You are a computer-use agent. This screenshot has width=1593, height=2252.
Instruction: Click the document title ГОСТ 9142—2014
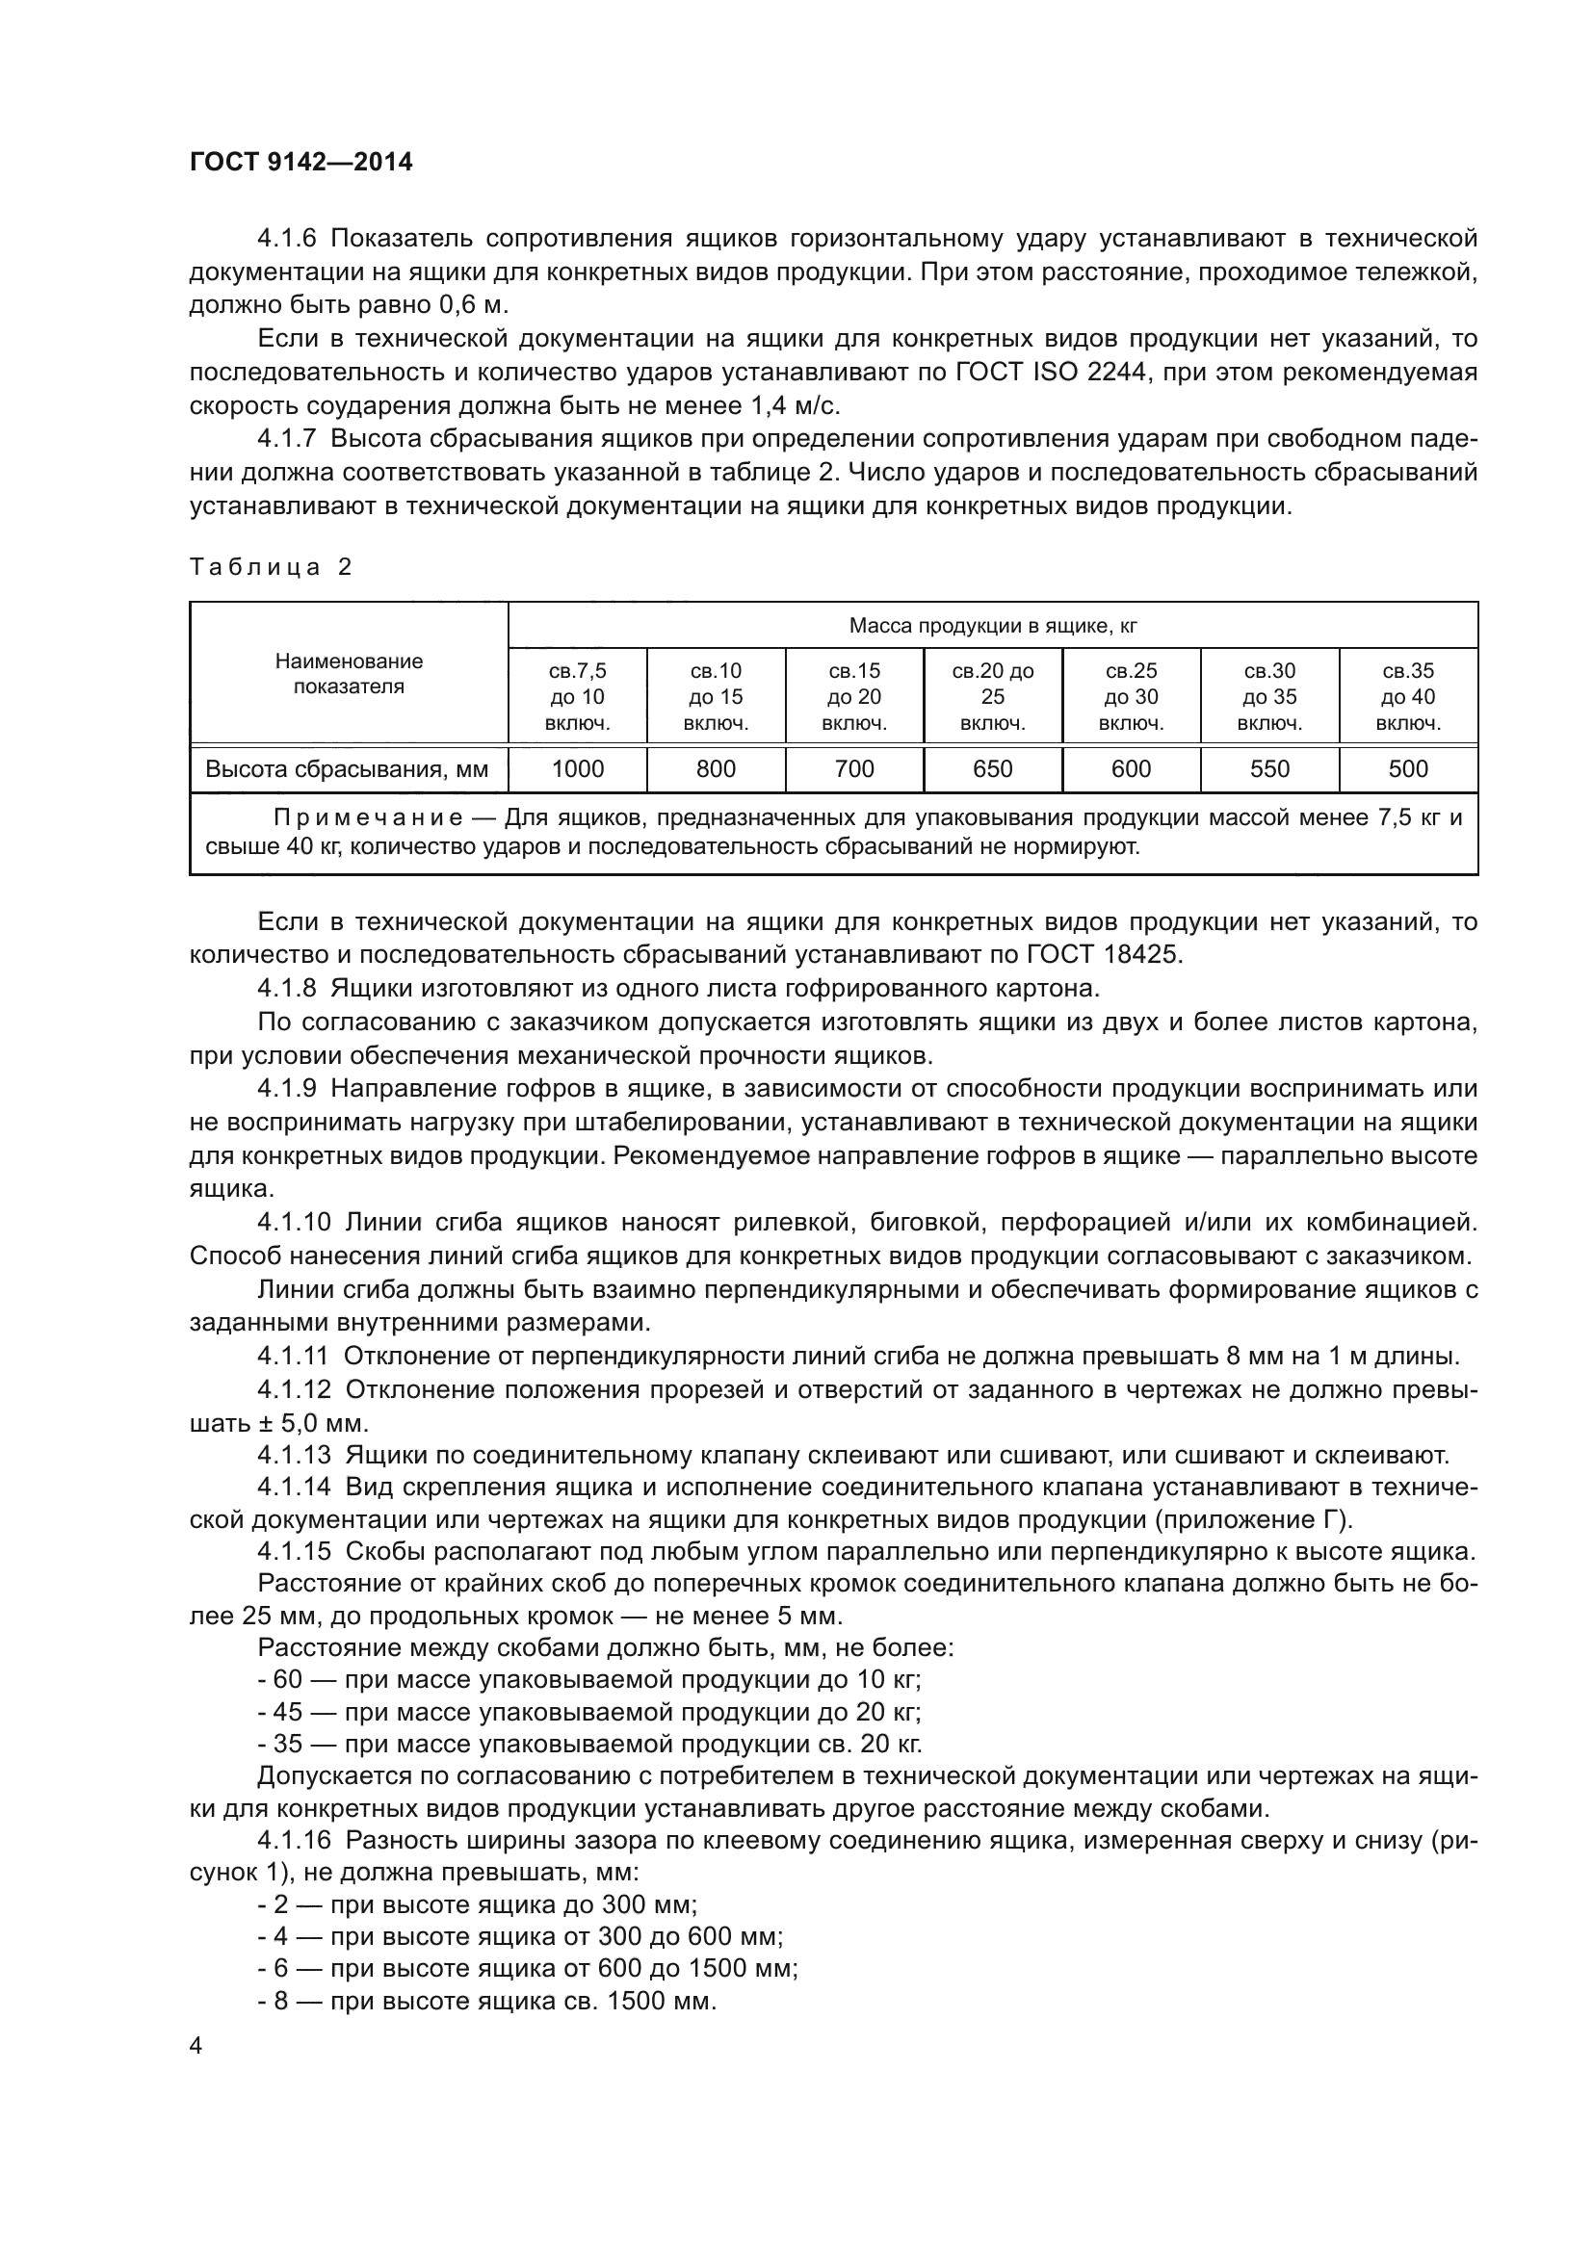coord(301,163)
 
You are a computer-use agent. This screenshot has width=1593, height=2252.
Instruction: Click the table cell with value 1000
coord(578,769)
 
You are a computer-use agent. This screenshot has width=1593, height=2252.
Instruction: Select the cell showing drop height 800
coord(716,769)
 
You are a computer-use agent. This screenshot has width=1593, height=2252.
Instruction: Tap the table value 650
coord(993,769)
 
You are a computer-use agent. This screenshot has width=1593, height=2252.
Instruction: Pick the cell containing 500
coord(1408,769)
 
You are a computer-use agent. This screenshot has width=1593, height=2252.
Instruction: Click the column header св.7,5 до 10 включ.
coord(578,697)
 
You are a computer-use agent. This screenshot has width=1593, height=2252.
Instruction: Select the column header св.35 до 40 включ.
coord(1408,697)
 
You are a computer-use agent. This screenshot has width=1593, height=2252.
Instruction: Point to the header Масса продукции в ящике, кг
coord(993,626)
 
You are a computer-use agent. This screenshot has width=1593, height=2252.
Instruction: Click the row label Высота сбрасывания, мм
coord(348,769)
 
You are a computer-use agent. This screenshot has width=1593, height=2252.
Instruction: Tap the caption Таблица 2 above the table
coord(271,567)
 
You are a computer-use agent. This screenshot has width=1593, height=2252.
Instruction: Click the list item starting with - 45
coord(588,1712)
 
